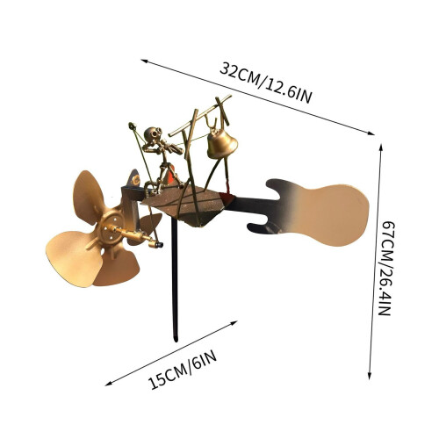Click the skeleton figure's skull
click(x=153, y=134)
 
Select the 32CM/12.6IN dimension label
click(x=266, y=83)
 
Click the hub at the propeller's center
click(x=111, y=227)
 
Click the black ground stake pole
click(x=175, y=279)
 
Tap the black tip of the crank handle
click(x=160, y=245)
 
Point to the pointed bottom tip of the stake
click(x=176, y=340)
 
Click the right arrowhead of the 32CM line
click(x=372, y=133)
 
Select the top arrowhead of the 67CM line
click(x=381, y=146)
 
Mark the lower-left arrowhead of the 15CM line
click(x=107, y=385)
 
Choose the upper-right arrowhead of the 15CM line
click(x=235, y=322)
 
